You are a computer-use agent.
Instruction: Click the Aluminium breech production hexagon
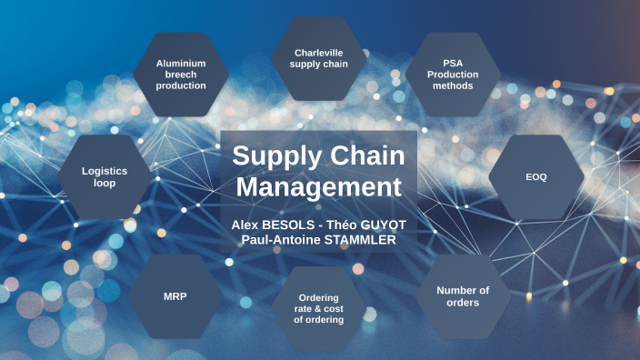pyautogui.click(x=181, y=75)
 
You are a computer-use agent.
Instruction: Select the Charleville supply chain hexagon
pyautogui.click(x=319, y=58)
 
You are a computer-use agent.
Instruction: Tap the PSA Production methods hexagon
pyautogui.click(x=452, y=75)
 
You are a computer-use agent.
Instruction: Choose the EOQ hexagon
pyautogui.click(x=536, y=177)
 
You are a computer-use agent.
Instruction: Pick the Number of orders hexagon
pyautogui.click(x=463, y=296)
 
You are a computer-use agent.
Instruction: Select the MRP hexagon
pyautogui.click(x=175, y=296)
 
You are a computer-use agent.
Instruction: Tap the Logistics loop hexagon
pyautogui.click(x=105, y=177)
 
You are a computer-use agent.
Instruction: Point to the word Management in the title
pyautogui.click(x=318, y=187)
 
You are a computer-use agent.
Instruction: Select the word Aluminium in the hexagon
pyautogui.click(x=181, y=64)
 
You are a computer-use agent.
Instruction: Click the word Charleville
pyautogui.click(x=319, y=53)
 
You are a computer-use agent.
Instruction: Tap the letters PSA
pyautogui.click(x=452, y=64)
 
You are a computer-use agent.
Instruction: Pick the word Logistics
pyautogui.click(x=105, y=171)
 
